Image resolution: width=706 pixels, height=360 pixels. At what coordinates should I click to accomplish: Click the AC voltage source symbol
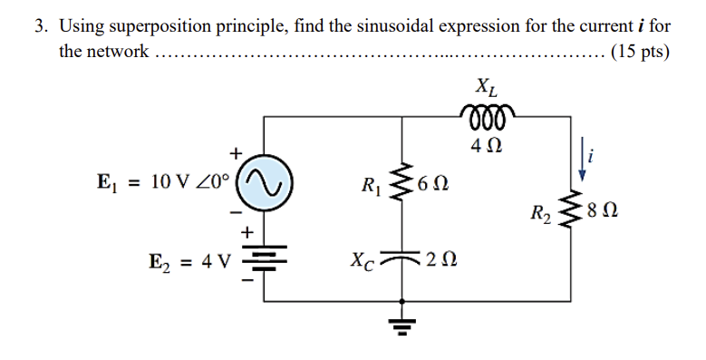pyautogui.click(x=264, y=180)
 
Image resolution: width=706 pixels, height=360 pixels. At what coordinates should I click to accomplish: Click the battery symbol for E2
pyautogui.click(x=264, y=259)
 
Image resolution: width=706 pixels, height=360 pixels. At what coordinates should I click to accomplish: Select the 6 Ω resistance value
pyautogui.click(x=435, y=188)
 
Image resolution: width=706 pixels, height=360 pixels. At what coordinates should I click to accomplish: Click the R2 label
pyautogui.click(x=541, y=216)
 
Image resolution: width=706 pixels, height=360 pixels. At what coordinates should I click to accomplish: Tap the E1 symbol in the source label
pyautogui.click(x=106, y=181)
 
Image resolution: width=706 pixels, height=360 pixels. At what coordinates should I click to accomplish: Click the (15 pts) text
pyautogui.click(x=641, y=51)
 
